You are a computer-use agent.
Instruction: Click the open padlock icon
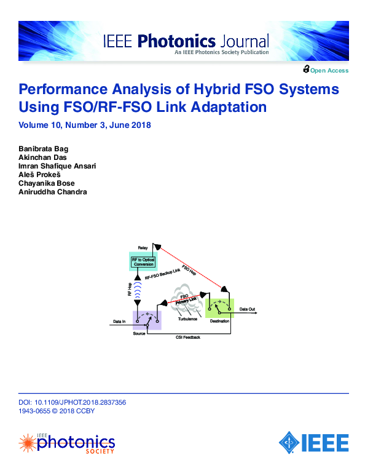pyautogui.click(x=305, y=69)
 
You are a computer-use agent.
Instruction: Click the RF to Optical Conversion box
pyautogui.click(x=143, y=261)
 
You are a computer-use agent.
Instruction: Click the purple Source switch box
pyautogui.click(x=147, y=319)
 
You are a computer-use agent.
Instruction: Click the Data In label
pyautogui.click(x=120, y=321)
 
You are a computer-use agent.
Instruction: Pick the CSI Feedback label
pyautogui.click(x=188, y=338)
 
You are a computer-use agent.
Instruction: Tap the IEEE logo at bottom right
pyautogui.click(x=314, y=442)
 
